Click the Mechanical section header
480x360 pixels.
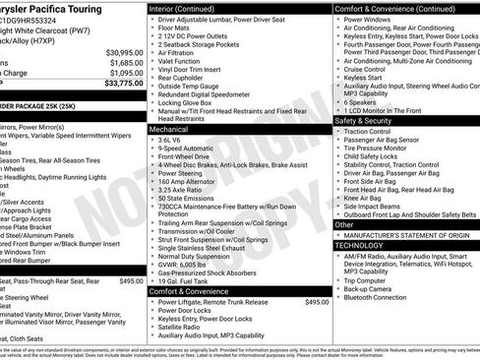[x=169, y=129]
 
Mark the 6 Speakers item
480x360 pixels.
[x=362, y=102]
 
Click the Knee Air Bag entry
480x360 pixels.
[x=368, y=198]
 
